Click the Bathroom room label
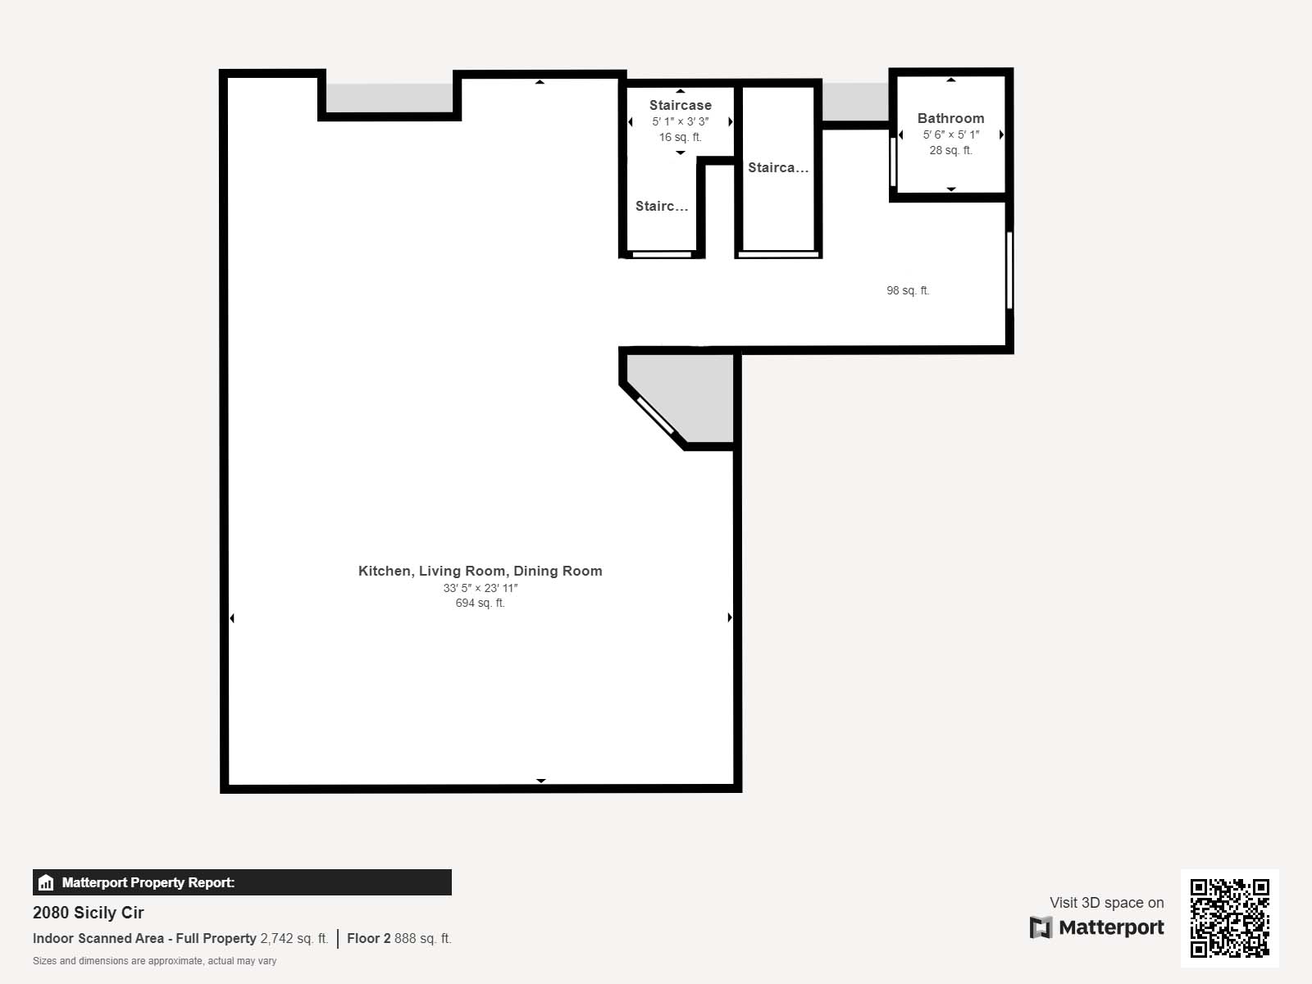pos(950,118)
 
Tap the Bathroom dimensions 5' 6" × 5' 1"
pos(950,134)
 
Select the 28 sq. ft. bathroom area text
pos(950,150)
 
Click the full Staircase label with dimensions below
pos(681,105)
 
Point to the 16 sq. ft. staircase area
pos(681,137)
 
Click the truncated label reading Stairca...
pos(777,167)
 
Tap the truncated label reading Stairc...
pos(661,206)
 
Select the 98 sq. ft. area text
pos(908,290)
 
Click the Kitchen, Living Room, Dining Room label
pos(480,571)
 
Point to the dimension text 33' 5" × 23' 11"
pos(480,588)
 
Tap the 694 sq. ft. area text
pos(480,603)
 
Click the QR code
pos(1229,918)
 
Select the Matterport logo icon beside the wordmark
pos(1041,927)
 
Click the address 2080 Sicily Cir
pos(88,913)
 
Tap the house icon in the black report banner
pos(46,882)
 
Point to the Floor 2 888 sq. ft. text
pos(399,938)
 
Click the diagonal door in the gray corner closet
pos(655,415)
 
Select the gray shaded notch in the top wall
pos(389,98)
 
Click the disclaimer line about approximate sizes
pos(154,961)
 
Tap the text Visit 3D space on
pos(1106,902)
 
